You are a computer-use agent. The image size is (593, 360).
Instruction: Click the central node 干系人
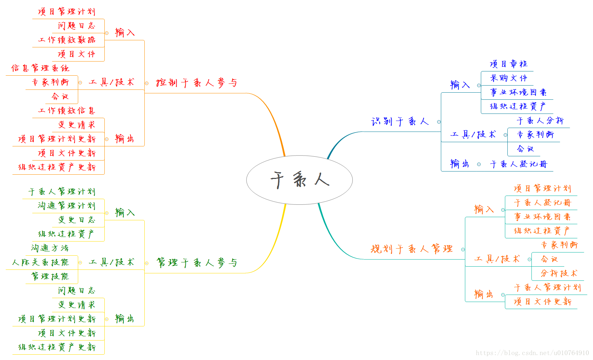coord(299,180)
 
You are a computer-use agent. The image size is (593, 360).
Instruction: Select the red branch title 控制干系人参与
coord(196,83)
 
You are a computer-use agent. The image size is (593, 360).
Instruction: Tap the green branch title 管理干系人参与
coord(196,263)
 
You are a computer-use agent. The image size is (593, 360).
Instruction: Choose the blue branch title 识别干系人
coord(400,122)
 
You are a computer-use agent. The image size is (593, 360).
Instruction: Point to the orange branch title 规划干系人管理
coord(411,249)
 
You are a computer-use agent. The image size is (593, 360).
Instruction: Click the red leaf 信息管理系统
coord(40,68)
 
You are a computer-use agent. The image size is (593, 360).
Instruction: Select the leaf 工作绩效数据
coord(67,40)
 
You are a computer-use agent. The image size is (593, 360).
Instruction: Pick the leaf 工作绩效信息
coord(67,111)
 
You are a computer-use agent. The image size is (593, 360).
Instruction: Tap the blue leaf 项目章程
coord(508,64)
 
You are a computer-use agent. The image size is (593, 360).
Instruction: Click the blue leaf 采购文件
coord(508,78)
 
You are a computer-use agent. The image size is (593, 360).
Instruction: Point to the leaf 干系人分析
coord(540,121)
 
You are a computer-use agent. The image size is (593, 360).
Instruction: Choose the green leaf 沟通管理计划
coord(67,206)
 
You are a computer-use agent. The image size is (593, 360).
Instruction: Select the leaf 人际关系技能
coord(40,262)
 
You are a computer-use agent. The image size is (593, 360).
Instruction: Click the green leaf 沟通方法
coord(50,248)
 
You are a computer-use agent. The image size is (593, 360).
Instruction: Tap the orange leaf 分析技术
coord(559,273)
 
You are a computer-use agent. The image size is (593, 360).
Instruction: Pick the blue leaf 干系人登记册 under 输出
coord(518,164)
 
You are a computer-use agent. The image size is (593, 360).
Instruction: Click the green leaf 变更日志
coord(77,220)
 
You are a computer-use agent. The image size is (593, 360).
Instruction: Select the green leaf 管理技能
coord(50,276)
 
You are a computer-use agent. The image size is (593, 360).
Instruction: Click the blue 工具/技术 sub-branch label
coord(473,135)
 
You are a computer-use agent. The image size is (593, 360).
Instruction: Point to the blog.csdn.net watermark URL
coord(532,353)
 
